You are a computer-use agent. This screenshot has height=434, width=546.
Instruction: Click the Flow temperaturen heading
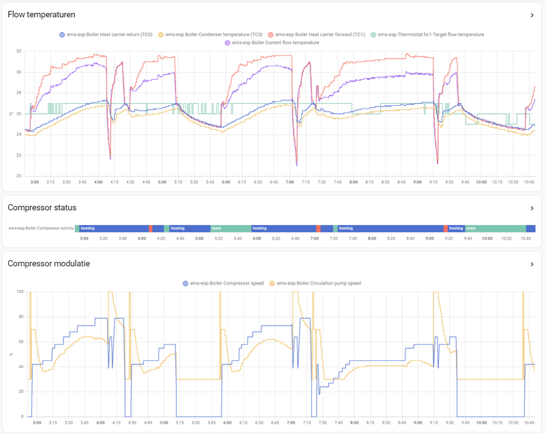(x=41, y=14)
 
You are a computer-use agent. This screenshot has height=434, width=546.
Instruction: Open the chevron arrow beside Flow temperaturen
(x=532, y=15)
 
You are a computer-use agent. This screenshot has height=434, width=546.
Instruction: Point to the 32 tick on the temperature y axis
(x=18, y=51)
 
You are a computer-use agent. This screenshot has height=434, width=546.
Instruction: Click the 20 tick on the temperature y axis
(x=18, y=176)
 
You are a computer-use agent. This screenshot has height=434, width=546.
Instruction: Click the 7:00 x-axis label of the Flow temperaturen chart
(x=290, y=183)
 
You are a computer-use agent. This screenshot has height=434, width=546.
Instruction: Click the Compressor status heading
(x=42, y=207)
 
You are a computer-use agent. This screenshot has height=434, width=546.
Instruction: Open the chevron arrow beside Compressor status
(x=532, y=208)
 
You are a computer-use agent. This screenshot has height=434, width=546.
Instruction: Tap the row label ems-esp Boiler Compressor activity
(x=41, y=229)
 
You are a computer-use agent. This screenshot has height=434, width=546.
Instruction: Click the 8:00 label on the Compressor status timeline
(x=371, y=238)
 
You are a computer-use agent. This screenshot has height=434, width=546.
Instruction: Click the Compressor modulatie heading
(x=48, y=263)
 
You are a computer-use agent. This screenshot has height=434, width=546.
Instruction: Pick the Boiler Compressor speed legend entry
(x=225, y=283)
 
